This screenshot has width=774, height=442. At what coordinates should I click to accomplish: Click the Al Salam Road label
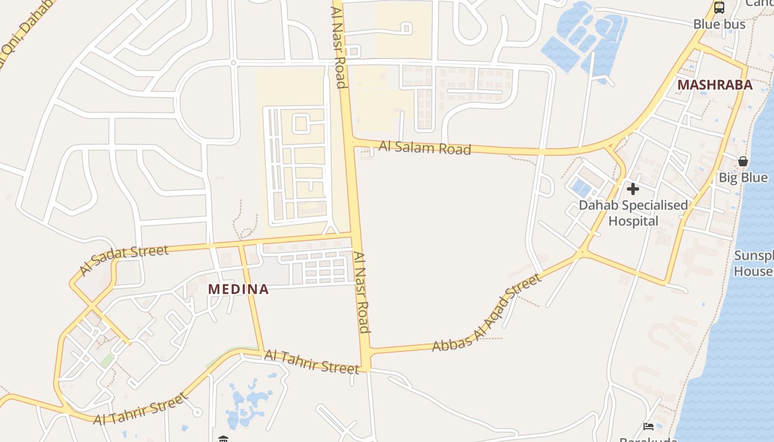click(x=425, y=148)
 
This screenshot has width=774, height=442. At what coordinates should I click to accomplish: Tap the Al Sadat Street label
click(x=124, y=259)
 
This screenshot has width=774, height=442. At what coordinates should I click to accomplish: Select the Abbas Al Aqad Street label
click(x=487, y=313)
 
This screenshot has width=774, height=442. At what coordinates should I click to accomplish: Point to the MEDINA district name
click(x=238, y=289)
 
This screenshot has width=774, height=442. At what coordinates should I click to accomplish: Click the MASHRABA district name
click(x=715, y=85)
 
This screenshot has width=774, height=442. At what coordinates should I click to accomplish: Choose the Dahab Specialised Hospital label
click(x=633, y=213)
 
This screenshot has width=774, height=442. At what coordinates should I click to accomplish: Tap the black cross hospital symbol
click(x=633, y=189)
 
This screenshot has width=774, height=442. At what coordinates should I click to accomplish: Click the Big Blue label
click(x=743, y=177)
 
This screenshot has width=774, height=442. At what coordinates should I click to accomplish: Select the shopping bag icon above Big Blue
click(x=743, y=161)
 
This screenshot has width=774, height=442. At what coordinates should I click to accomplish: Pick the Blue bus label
click(x=719, y=24)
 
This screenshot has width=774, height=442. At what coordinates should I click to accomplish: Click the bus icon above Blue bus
click(x=719, y=8)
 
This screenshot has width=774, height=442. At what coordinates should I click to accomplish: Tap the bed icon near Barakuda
click(x=649, y=426)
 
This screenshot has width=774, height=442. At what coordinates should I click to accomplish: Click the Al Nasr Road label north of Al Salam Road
click(x=338, y=47)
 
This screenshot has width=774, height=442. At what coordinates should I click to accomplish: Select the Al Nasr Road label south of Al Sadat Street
click(x=362, y=293)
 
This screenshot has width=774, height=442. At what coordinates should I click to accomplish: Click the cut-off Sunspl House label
click(x=753, y=264)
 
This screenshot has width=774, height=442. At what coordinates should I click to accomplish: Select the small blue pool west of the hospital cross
click(x=581, y=187)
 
